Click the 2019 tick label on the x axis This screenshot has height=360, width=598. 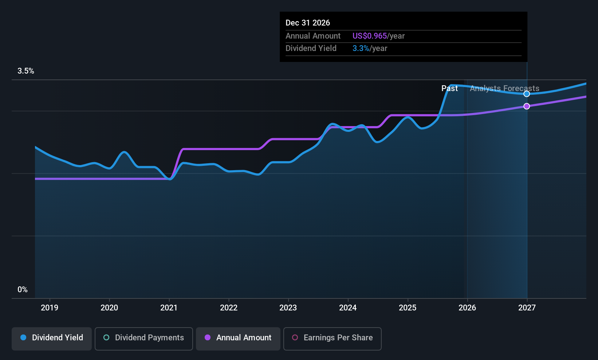coord(50,308)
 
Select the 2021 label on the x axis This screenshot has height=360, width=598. coord(169,308)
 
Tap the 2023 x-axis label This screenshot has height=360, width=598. coord(288,308)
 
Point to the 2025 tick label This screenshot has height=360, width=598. coord(408,308)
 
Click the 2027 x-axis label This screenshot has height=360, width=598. coord(527,308)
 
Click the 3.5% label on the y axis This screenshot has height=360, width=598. coord(26,71)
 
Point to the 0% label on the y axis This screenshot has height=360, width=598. coord(23,290)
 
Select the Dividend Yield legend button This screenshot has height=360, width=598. coord(52,338)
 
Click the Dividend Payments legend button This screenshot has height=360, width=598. coord(144,338)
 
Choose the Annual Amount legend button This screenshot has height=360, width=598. coord(238,338)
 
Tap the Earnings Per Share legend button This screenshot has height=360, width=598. coord(332,338)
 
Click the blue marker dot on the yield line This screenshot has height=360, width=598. coord(527,94)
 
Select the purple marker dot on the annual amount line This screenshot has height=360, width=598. coord(527,106)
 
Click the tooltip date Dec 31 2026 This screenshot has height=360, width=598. coord(308,23)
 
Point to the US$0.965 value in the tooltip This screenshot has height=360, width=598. coord(369,36)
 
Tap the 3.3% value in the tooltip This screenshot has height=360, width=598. coord(361,48)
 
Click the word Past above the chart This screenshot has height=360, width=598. coord(449,89)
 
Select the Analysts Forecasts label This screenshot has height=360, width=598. coord(504,89)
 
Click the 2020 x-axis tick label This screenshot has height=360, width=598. coord(109,308)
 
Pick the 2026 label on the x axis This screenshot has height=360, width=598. coord(467,308)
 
